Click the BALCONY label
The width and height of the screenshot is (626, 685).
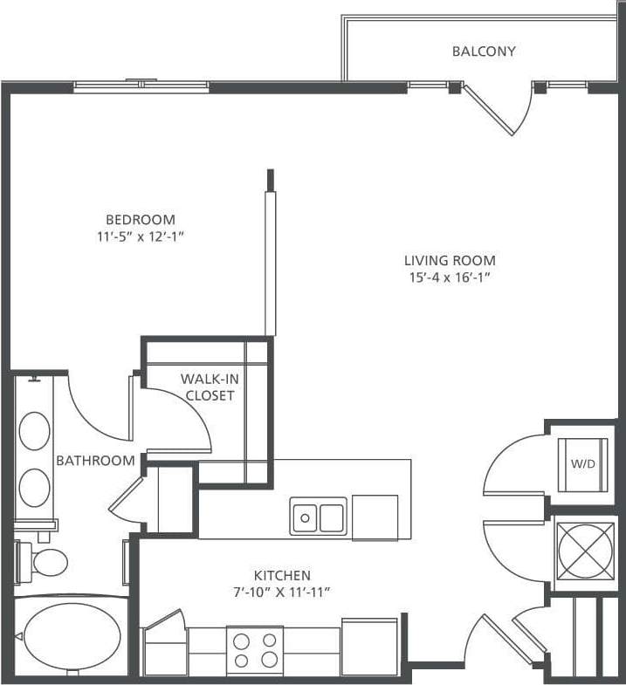[x=483, y=51]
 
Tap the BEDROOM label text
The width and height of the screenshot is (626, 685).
[x=140, y=219]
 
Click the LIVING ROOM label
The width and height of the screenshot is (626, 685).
[x=450, y=260]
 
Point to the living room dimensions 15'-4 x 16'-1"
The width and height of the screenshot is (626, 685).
[x=450, y=277]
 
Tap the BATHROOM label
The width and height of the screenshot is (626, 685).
[x=95, y=460]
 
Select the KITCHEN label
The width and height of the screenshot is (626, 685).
[x=282, y=575]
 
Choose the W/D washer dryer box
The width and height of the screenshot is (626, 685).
[x=582, y=464]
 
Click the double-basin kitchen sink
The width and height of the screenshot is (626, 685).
[x=318, y=517]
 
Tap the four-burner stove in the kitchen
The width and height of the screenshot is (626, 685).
[x=255, y=650]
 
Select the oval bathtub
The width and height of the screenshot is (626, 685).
[x=72, y=636]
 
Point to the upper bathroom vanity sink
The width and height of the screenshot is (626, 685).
[x=35, y=431]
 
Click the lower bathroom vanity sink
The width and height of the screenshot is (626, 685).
[x=35, y=488]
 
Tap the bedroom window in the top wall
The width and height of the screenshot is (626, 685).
[x=141, y=86]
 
